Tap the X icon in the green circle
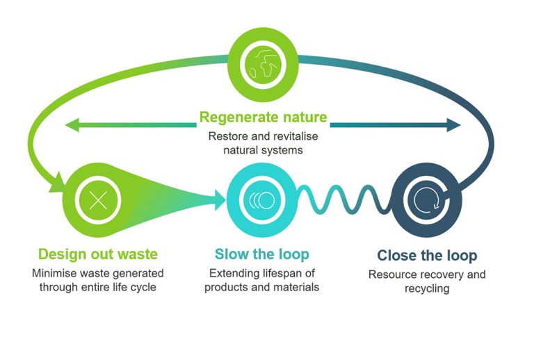98,201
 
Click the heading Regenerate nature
263,116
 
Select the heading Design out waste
97,254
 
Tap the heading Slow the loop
261,254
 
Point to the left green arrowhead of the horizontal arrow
70,125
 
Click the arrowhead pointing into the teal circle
220,201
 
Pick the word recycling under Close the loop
426,288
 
